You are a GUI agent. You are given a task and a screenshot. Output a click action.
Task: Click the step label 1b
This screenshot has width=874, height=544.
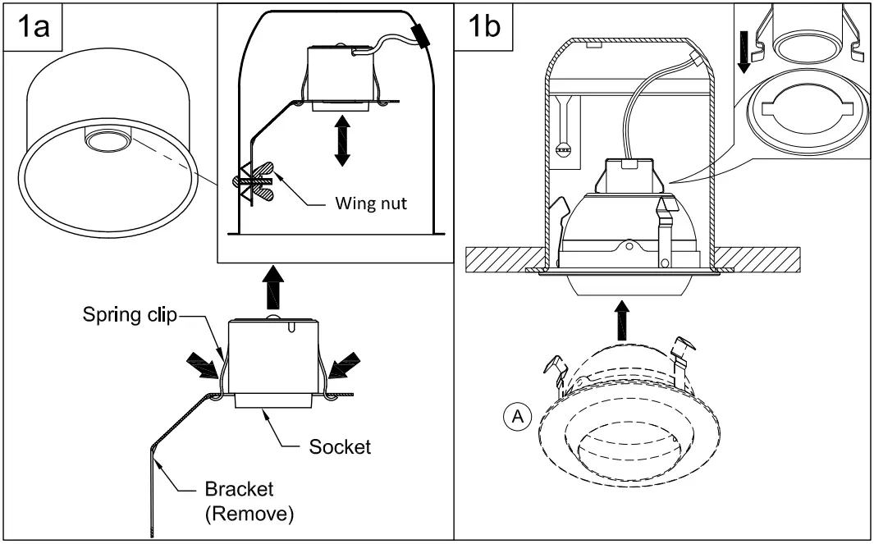[483, 28]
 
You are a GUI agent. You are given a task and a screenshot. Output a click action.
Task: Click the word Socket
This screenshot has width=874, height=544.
[340, 447]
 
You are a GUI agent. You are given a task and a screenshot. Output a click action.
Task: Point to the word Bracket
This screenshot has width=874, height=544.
[239, 490]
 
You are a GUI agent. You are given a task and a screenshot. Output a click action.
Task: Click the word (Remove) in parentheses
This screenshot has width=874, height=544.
[249, 514]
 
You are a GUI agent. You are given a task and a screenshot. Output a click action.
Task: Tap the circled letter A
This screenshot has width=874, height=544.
[516, 418]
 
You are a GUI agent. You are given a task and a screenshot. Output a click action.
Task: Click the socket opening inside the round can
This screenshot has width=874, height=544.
[104, 140]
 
